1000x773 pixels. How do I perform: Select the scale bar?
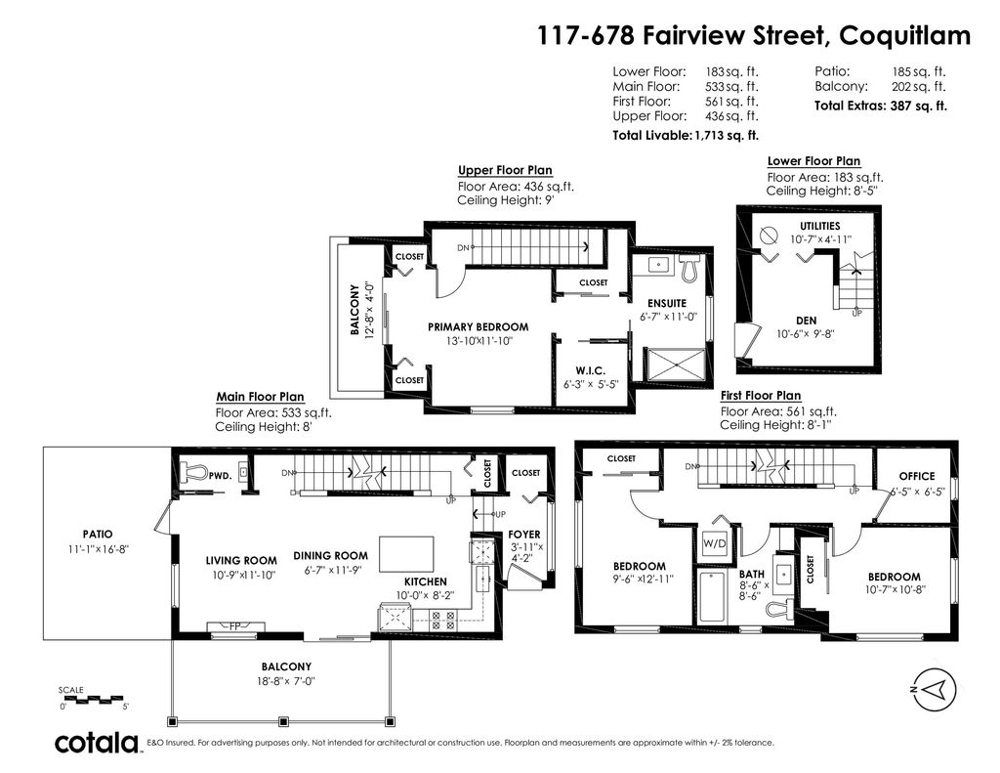pos(94,697)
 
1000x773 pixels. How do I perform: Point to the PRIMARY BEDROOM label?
pos(478,327)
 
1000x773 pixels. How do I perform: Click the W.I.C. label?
pos(587,369)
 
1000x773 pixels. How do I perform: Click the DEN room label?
pos(805,319)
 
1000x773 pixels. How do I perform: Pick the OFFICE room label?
pos(916,477)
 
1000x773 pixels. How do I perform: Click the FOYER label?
pos(523,535)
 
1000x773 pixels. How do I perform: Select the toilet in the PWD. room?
pos(194,472)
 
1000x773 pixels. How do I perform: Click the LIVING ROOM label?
pos(240,560)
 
